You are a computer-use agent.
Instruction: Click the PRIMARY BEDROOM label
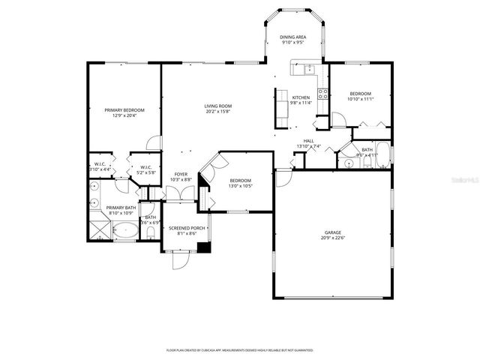click(x=124, y=110)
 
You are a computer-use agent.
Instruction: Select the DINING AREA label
click(x=292, y=37)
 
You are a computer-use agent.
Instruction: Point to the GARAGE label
click(x=333, y=232)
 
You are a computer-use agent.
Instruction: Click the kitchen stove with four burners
click(x=322, y=94)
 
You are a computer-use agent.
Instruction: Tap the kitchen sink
click(x=308, y=70)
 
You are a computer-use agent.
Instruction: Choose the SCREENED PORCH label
click(x=187, y=228)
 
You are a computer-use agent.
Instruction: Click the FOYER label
click(x=181, y=174)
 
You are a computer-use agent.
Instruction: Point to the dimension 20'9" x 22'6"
click(x=333, y=238)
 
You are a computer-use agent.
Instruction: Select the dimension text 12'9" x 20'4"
click(x=124, y=116)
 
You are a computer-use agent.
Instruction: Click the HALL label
click(x=308, y=140)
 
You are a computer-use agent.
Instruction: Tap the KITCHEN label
click(x=301, y=97)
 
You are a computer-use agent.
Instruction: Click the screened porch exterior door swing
click(x=180, y=260)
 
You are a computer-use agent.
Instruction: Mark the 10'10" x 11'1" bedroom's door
click(x=338, y=120)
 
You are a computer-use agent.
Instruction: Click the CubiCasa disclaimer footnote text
click(x=240, y=350)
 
